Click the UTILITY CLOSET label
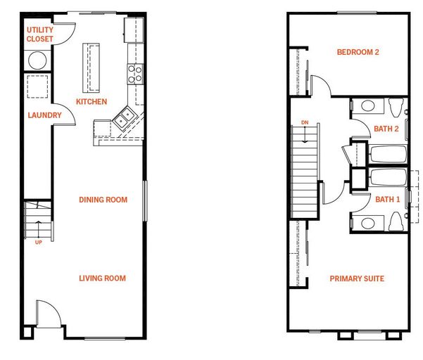(x=40, y=34)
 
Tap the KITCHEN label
(x=91, y=101)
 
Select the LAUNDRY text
(x=45, y=115)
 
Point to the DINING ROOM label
(x=103, y=200)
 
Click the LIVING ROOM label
(x=103, y=278)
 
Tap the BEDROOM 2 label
(x=358, y=52)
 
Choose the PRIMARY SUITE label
(x=357, y=278)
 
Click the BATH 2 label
(x=386, y=129)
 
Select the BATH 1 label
(x=387, y=200)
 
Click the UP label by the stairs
(x=39, y=243)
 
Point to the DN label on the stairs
(x=305, y=122)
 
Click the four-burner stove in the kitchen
(x=135, y=74)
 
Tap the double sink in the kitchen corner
(x=125, y=118)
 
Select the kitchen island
(x=91, y=68)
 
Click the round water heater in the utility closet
(x=37, y=60)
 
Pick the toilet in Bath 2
(x=396, y=108)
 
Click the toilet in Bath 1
(x=396, y=221)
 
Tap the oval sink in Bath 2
(x=368, y=105)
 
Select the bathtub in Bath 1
(x=389, y=177)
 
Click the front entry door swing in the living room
(x=49, y=314)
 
